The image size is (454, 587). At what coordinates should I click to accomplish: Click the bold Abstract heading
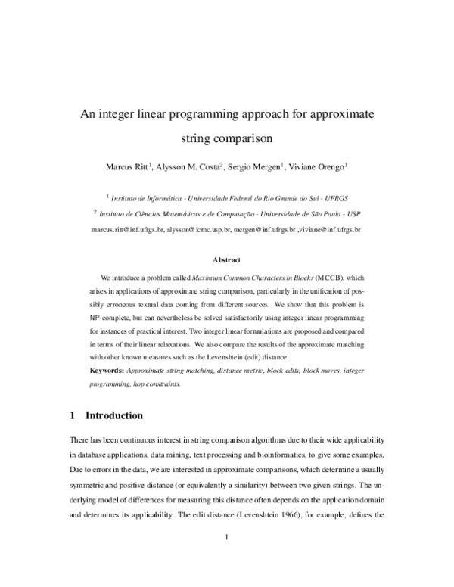point(227,259)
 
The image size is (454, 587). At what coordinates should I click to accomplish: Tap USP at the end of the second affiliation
point(354,214)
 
